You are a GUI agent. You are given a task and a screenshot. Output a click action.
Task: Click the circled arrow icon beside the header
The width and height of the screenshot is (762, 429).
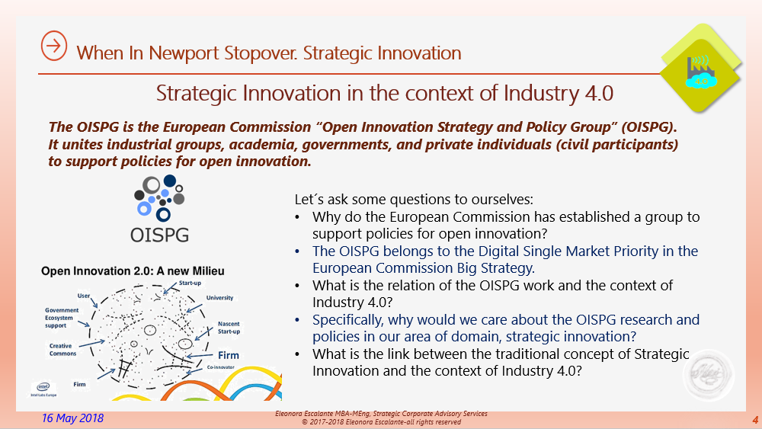[x=53, y=46]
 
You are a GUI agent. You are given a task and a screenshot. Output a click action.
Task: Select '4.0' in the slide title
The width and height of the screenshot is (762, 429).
[x=596, y=93]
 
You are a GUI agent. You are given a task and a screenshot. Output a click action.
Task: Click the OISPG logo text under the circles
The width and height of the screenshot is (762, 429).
[x=160, y=232]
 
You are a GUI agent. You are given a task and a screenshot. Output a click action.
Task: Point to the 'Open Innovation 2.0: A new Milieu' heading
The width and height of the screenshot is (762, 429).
[x=133, y=271]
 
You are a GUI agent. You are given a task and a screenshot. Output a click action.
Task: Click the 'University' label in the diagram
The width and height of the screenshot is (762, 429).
[x=219, y=298]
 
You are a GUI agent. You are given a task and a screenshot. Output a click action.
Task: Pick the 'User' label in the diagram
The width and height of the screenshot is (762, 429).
[x=84, y=296]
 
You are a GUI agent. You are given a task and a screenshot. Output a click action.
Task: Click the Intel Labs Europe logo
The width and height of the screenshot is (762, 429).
[x=41, y=389]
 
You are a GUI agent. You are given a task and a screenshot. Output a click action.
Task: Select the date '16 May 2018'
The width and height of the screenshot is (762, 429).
[x=72, y=418]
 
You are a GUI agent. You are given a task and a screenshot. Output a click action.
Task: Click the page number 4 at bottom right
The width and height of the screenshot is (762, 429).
[x=754, y=420]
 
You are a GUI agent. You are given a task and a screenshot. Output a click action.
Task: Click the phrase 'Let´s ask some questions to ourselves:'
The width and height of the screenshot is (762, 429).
[x=414, y=200]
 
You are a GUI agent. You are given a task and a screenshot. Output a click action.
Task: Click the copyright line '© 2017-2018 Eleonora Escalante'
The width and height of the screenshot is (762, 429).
[x=381, y=421]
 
